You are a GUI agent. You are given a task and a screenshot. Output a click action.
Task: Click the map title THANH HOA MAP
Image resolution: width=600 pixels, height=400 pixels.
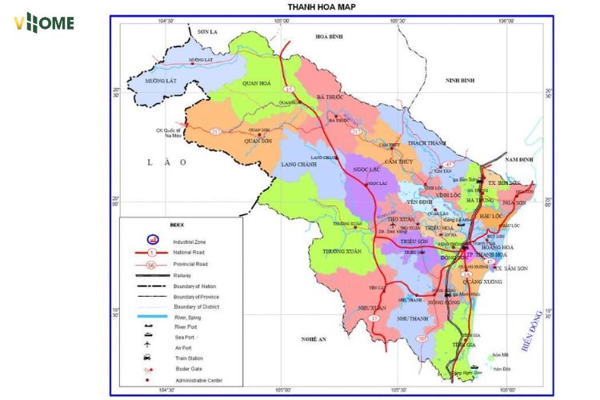tap(322, 6)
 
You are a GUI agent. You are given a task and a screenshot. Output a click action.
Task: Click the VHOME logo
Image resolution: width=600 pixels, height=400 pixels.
tap(44, 22)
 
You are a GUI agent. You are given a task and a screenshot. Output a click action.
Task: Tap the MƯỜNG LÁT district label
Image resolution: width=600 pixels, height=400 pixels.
tap(161, 81)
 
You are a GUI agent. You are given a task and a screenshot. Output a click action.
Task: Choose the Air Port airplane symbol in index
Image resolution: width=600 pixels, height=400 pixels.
tap(148, 345)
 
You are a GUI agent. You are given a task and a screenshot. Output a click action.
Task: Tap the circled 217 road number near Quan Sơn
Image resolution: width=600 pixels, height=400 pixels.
tap(215, 131)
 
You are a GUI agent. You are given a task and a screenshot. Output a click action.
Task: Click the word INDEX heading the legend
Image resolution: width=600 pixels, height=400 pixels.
tap(177, 225)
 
